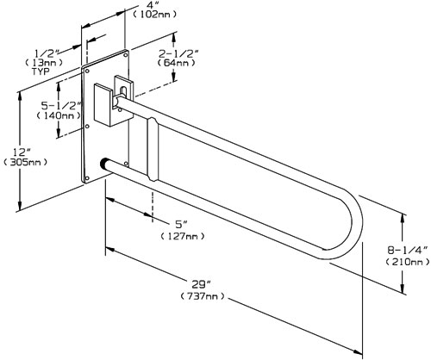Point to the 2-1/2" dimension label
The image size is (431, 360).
tap(180, 51)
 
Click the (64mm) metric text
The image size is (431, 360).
tap(181, 63)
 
